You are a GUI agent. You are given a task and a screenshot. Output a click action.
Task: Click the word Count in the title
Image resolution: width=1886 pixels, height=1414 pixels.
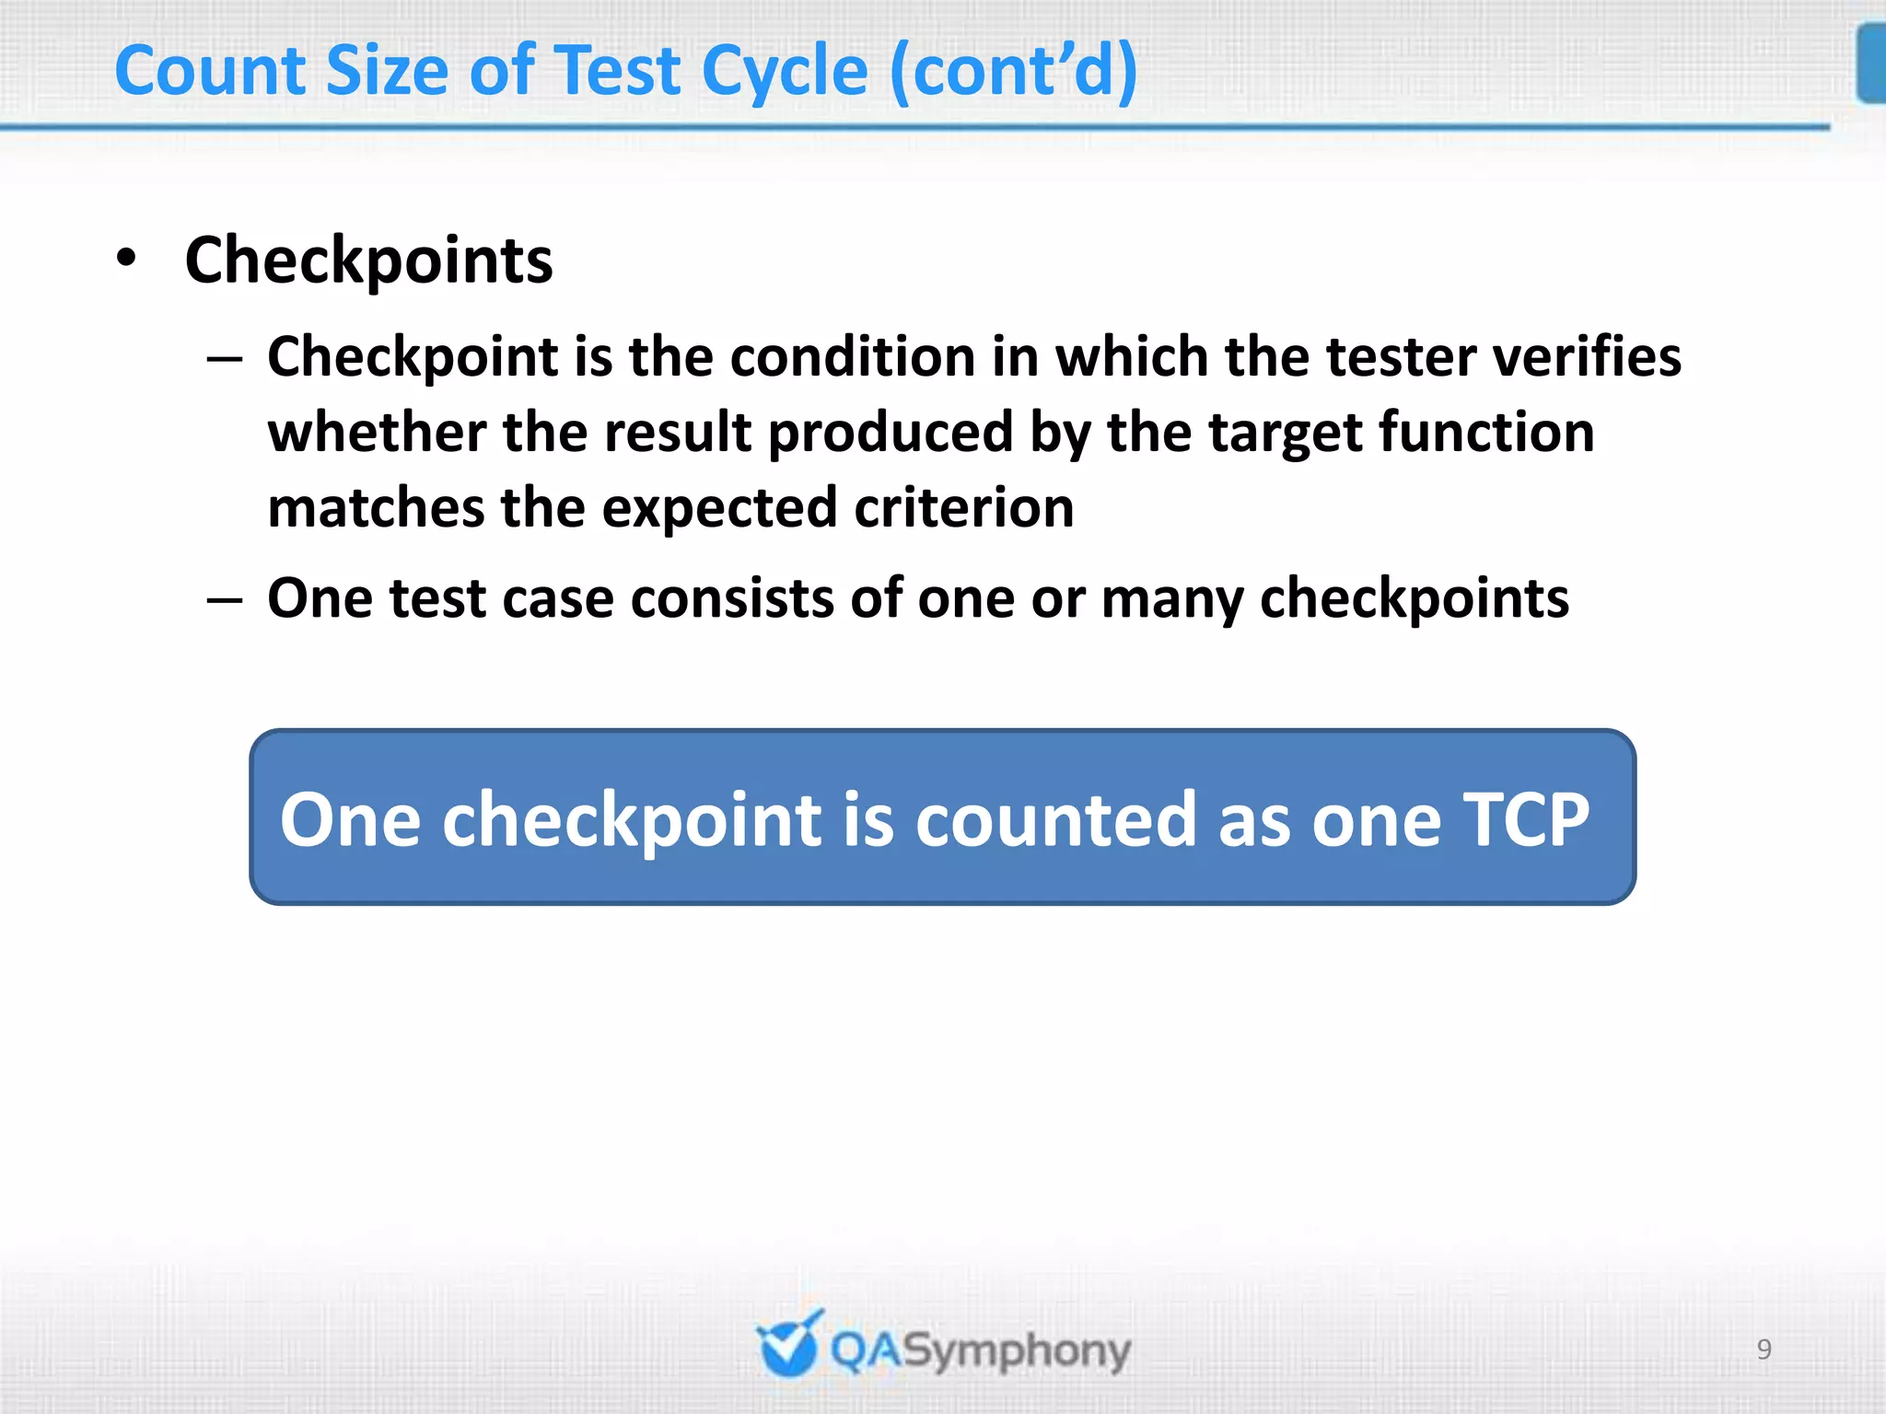tap(209, 71)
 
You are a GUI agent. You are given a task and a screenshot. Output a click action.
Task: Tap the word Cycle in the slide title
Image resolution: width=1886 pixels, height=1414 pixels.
tap(784, 73)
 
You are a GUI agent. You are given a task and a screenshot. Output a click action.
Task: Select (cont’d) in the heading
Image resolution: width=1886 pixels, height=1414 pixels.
tap(1014, 72)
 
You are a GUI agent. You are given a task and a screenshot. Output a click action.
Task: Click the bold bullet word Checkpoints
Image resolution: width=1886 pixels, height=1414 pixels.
tap(368, 261)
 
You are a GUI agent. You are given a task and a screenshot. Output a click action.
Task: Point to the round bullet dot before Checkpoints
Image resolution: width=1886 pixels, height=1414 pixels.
tap(127, 259)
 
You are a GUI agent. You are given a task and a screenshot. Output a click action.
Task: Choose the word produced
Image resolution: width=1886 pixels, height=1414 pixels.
tap(890, 433)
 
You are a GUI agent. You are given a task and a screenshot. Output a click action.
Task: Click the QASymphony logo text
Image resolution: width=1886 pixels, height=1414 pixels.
tap(980, 1351)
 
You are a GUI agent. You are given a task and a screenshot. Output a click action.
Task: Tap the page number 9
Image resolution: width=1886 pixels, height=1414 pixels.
tap(1764, 1350)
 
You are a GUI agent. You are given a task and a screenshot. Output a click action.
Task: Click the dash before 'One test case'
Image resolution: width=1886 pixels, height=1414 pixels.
tap(225, 600)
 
